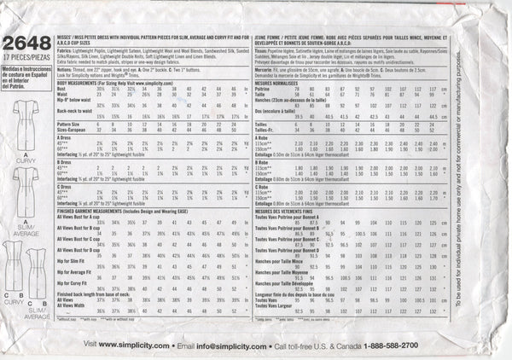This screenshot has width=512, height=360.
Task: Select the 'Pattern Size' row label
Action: (80, 123)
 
